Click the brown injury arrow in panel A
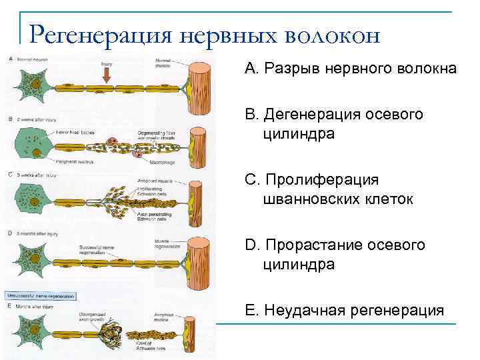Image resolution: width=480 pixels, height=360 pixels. [x=106, y=75]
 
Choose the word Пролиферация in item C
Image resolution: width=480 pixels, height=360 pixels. [x=322, y=180]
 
